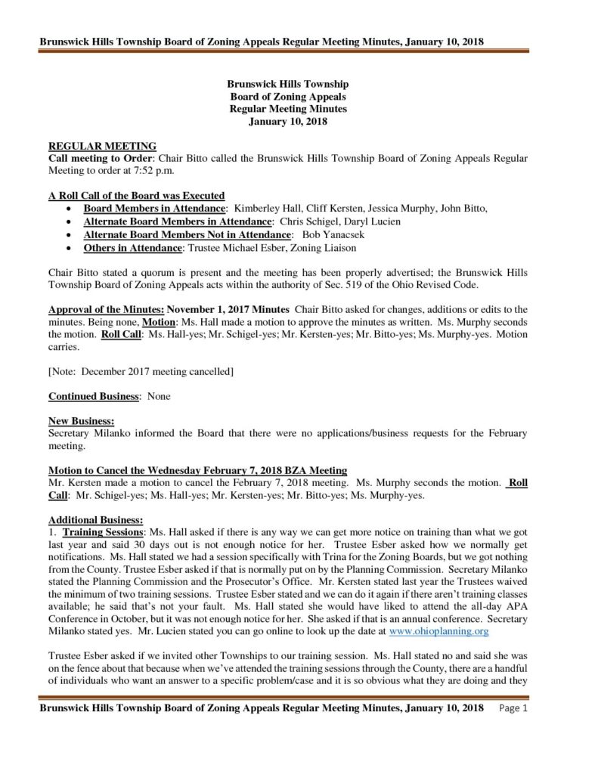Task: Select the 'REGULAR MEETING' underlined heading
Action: click(102, 146)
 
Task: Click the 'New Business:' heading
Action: click(82, 420)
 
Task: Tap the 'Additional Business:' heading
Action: click(95, 520)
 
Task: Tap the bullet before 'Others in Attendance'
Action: click(70, 248)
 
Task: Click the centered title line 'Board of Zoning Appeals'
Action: click(288, 97)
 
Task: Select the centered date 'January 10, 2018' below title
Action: click(288, 121)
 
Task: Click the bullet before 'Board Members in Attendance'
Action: click(70, 207)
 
